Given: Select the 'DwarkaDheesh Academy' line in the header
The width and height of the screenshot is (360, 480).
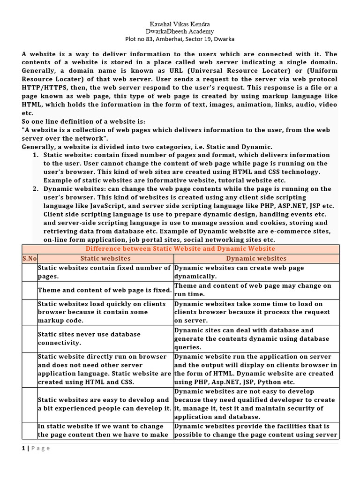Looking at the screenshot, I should point(180,31).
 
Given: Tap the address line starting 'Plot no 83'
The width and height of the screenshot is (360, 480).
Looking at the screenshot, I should point(180,39).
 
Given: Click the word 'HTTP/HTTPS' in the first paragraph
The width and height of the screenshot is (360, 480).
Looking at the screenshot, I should point(43,88).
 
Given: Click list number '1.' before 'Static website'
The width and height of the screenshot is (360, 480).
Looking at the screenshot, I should point(36,155).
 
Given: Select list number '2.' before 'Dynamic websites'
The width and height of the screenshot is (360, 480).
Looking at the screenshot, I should point(36,189).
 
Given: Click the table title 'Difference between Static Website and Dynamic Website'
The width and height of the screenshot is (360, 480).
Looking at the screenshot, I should point(180,249).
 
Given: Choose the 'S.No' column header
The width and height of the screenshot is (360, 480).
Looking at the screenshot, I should point(29,258).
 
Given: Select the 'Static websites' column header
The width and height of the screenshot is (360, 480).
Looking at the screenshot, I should point(105,258).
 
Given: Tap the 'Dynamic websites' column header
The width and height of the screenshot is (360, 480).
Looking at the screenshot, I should point(256,258).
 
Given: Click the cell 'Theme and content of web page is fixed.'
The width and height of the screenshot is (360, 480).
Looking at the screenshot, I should point(105,290).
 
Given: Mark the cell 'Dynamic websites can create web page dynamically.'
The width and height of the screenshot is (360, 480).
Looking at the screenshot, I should point(256,272).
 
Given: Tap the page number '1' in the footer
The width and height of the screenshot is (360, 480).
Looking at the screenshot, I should point(23,448).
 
